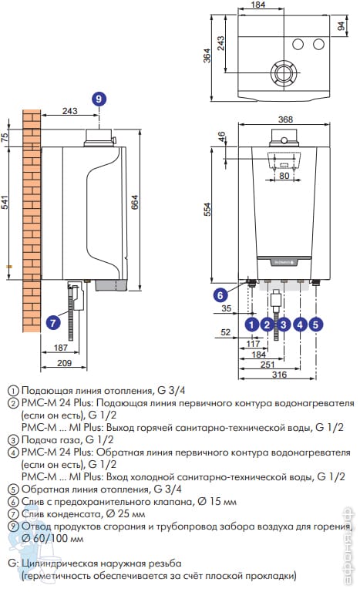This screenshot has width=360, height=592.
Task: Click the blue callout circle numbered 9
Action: (99, 99)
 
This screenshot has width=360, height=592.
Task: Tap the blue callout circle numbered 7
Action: (53, 323)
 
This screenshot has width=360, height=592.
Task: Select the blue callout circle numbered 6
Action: (220, 295)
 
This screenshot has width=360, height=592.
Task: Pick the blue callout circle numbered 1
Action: (252, 325)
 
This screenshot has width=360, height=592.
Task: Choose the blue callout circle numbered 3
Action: (284, 325)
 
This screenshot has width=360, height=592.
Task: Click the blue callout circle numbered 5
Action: (316, 325)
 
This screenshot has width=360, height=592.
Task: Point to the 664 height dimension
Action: (135, 202)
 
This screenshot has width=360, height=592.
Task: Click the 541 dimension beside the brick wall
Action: (5, 203)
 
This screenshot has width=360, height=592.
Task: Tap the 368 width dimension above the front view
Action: (285, 119)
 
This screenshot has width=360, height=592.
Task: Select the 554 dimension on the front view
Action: (207, 209)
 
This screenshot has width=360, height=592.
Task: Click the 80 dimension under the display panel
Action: (284, 176)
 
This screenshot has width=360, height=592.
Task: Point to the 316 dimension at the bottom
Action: (279, 374)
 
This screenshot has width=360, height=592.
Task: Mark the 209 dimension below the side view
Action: (64, 363)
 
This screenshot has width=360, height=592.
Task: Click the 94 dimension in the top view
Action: (341, 26)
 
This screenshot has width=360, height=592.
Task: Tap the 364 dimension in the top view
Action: (207, 55)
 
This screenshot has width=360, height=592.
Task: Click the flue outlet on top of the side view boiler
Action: (99, 138)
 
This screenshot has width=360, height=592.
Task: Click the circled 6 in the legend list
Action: (14, 502)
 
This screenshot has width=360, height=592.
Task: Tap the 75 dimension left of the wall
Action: (5, 137)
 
